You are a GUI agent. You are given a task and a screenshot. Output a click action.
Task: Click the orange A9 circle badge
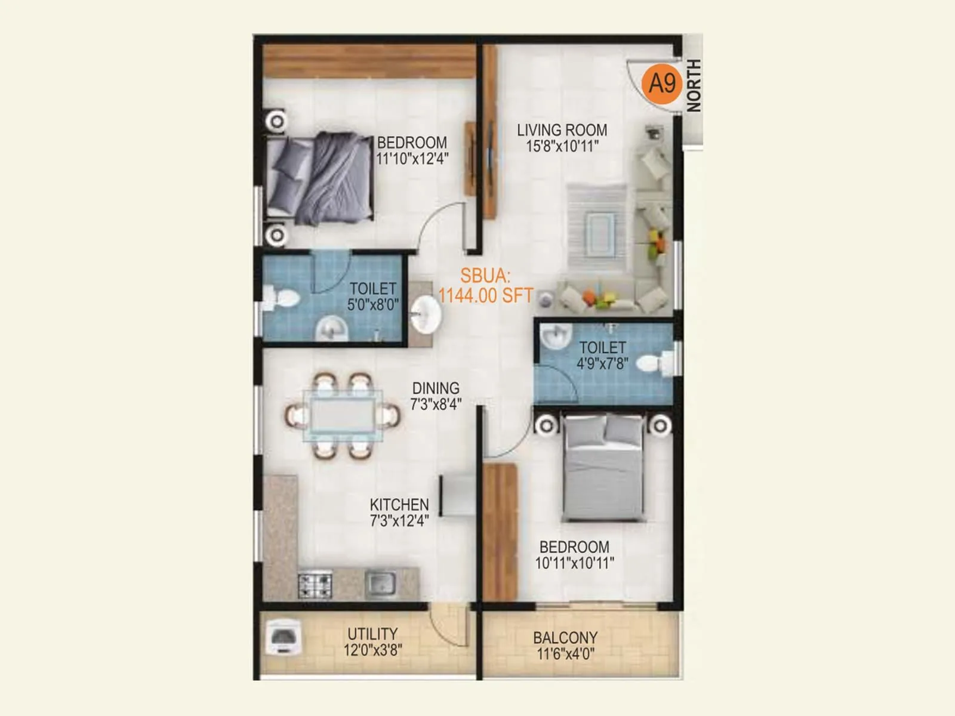coord(662,83)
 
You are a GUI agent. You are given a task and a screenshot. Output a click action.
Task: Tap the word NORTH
coord(694,85)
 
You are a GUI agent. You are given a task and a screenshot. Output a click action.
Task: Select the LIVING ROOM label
coord(562,130)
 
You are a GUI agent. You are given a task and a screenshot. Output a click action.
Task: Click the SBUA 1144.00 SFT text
coord(485,286)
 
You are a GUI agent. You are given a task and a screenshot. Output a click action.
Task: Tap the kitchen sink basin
coord(380,583)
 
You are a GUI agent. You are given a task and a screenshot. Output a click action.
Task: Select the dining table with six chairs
coord(343,415)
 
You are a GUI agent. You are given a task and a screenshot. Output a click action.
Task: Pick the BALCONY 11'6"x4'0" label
coord(565,646)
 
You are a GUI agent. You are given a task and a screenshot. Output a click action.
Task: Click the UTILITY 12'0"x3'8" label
coord(372,641)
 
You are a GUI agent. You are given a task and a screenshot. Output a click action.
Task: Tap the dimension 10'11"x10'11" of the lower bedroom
coord(574,563)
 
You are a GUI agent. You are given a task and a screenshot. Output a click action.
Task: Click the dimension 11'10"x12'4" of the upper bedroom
coord(412,159)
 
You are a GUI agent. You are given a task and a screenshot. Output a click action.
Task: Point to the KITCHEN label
coord(399,504)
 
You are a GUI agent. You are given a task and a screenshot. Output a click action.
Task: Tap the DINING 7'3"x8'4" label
coord(436,396)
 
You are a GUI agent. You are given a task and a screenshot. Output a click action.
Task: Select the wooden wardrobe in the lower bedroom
coord(500,531)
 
